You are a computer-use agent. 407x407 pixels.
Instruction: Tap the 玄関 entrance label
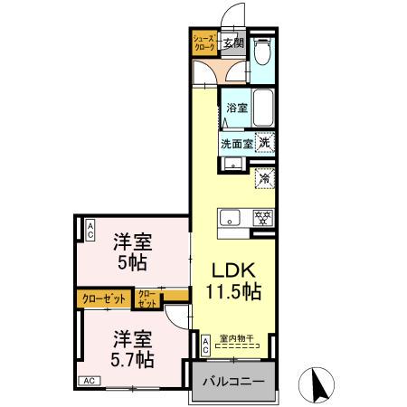(x=233, y=42)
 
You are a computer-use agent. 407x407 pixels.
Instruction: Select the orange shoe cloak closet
(x=202, y=42)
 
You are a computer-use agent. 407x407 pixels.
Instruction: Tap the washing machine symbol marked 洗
(x=264, y=142)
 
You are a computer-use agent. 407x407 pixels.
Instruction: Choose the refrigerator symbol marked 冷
(x=264, y=179)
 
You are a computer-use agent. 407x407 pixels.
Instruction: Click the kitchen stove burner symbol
(x=263, y=218)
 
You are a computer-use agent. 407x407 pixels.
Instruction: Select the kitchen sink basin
(x=230, y=218)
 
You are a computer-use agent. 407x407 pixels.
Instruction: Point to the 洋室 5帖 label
(x=132, y=252)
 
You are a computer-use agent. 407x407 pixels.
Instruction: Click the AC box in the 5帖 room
(x=90, y=230)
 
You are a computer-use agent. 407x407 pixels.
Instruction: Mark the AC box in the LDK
(x=205, y=345)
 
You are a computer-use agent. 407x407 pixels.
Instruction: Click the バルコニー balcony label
(x=232, y=382)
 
